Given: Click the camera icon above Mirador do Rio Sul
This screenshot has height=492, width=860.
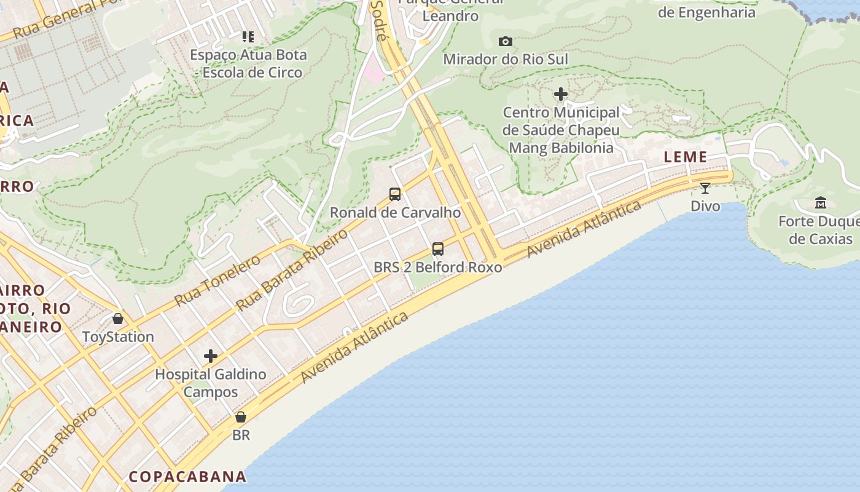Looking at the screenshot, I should (505, 41).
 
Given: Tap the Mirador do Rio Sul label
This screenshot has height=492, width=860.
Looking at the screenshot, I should (506, 59).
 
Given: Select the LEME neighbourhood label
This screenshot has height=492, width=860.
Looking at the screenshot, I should (686, 157).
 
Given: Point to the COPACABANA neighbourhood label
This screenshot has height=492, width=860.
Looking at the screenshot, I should (187, 477).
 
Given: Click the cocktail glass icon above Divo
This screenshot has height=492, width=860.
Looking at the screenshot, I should (705, 188).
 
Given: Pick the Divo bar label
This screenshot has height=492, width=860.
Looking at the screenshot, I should (705, 206).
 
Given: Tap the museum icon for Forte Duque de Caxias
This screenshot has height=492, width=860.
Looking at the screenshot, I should (820, 202).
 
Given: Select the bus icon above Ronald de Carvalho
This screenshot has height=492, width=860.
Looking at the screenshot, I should (395, 194).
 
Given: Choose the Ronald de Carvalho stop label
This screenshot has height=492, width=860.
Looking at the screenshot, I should (395, 213).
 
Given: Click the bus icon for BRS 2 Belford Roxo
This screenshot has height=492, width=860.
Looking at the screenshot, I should (437, 249).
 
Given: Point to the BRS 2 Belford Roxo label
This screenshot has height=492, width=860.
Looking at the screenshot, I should (437, 268).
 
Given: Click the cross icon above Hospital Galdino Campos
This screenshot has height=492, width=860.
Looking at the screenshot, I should (211, 356).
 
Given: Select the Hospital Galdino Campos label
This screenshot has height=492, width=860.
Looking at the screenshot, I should (211, 383).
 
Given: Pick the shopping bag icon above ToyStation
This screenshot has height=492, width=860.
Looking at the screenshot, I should (118, 319).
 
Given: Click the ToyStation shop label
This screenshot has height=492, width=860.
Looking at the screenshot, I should (118, 337).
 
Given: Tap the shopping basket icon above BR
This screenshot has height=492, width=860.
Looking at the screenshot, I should (241, 417).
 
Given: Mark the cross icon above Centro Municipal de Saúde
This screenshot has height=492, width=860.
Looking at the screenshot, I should (560, 94).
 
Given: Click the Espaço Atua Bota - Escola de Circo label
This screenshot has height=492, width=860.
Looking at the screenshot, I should (248, 63).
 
